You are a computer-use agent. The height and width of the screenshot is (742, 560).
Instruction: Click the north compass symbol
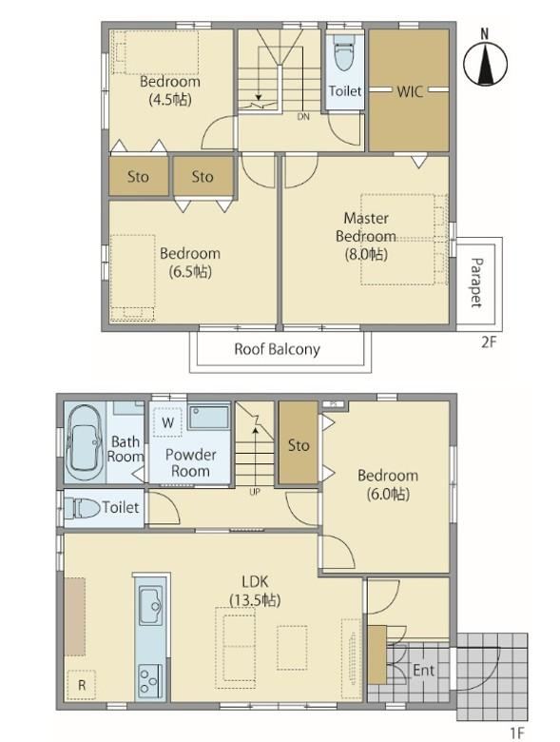point(485,62)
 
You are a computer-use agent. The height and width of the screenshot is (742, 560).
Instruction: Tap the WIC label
point(410,91)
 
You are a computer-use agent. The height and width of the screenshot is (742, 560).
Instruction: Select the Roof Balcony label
point(278,349)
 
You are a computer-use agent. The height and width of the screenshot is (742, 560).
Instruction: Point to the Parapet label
point(476,283)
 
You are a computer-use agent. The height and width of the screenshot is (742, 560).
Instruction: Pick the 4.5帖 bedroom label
point(170,90)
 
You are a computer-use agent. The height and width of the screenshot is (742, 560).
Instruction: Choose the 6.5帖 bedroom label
point(189,263)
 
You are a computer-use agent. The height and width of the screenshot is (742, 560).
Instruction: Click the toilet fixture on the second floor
point(344,51)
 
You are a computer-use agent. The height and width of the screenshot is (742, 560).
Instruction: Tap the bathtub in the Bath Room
point(85,442)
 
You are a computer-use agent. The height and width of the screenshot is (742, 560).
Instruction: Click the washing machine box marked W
point(168,422)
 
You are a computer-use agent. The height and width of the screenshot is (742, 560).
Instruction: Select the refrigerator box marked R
point(82,685)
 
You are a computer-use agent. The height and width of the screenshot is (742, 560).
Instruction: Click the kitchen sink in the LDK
point(151,605)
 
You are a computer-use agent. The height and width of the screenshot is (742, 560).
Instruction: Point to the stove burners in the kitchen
point(151,681)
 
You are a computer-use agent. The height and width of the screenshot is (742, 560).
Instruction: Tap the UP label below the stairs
point(255,492)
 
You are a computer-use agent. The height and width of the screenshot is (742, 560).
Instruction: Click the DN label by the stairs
point(303,116)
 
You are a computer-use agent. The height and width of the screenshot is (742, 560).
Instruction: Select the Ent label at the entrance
point(423,670)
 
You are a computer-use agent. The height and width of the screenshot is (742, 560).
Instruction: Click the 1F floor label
point(517,733)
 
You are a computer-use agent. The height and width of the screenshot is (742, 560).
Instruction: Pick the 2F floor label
point(489,342)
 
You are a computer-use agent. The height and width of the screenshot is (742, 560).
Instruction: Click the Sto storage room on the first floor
point(298,443)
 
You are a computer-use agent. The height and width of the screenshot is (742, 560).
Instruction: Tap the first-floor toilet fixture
point(83,508)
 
